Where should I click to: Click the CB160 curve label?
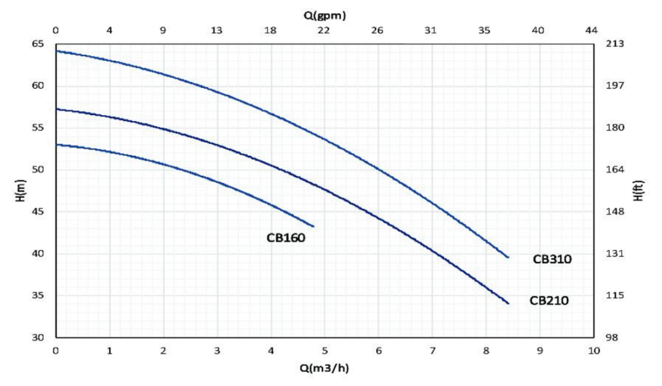285,238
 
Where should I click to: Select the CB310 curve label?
552,259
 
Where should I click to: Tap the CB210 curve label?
550,301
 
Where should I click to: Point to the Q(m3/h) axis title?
325,369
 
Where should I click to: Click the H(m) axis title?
19,191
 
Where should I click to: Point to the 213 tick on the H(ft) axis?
612,44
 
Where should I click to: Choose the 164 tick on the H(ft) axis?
612,170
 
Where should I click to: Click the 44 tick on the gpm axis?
592,30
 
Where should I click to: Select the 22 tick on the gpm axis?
325,30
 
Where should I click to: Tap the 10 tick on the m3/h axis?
592,350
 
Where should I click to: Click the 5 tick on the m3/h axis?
325,350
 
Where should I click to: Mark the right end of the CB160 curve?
314,226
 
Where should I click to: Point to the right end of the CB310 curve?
508,257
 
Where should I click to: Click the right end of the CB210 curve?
508,303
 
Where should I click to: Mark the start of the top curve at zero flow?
57,50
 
